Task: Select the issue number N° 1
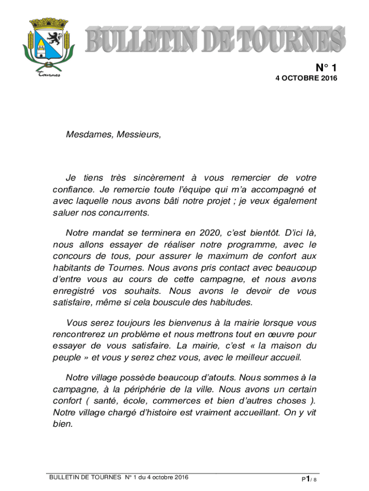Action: (x=326, y=67)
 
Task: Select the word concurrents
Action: (x=127, y=212)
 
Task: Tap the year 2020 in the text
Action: (x=211, y=233)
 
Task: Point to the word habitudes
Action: (x=227, y=303)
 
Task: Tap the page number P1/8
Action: (x=309, y=479)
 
